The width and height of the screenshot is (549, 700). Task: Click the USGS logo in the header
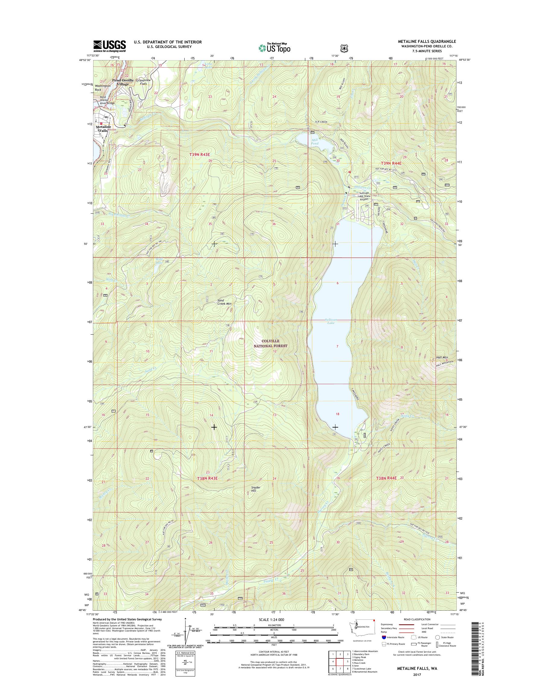[109, 46]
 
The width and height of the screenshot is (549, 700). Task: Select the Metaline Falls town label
[103, 129]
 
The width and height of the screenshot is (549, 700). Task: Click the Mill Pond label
[314, 142]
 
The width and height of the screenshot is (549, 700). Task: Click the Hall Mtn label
[442, 357]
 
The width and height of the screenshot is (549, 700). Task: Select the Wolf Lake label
[159, 260]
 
